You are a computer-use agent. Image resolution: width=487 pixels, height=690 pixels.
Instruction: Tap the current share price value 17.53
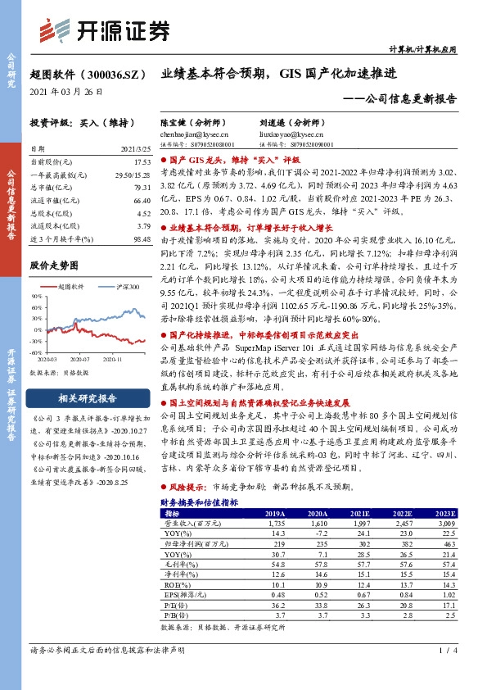[142, 163]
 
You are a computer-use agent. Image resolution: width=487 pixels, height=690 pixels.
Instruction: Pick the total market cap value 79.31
[142, 187]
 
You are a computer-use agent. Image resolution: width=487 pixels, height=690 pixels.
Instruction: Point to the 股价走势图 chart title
[54, 265]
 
